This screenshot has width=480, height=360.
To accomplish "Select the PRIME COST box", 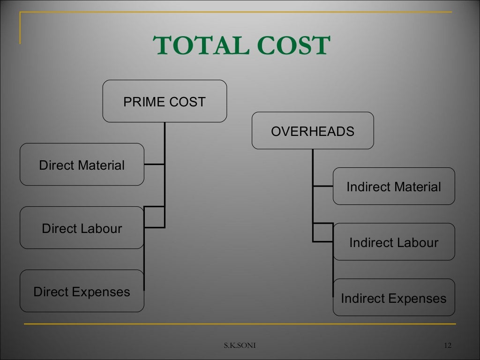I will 165,101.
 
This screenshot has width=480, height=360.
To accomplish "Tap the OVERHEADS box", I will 313,131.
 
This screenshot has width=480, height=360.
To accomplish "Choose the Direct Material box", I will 82,165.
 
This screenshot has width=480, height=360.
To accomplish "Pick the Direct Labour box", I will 82,228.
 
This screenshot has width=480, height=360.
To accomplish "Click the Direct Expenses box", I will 82,292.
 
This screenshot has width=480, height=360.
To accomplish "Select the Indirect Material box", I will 394,187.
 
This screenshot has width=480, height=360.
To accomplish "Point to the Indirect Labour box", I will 394,242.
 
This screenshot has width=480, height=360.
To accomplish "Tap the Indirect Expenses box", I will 394,298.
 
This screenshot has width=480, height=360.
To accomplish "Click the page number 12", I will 447,346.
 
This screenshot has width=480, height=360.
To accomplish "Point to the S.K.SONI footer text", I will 240,346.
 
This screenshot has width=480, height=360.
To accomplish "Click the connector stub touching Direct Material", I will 154,165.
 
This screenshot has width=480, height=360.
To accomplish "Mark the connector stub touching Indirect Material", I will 323,186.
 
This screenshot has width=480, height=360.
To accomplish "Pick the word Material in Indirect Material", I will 417,187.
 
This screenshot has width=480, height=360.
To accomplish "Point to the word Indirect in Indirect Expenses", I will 363,298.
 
